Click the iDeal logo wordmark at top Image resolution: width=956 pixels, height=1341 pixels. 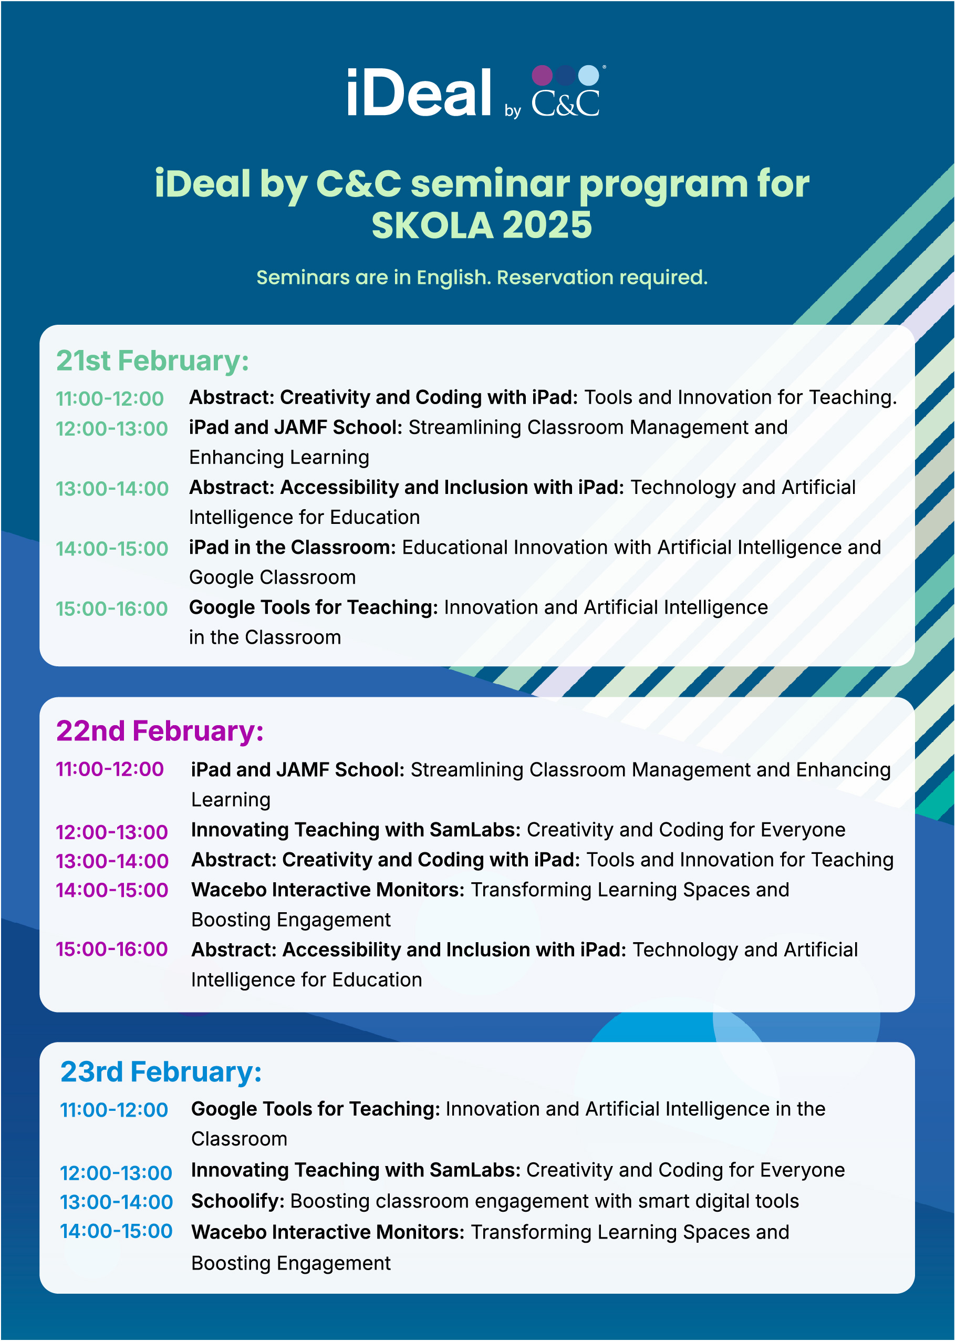click(x=419, y=93)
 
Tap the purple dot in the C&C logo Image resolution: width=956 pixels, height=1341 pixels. click(x=542, y=75)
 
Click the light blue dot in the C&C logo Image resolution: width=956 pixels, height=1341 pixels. click(x=588, y=75)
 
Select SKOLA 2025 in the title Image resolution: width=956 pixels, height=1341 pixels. click(x=482, y=225)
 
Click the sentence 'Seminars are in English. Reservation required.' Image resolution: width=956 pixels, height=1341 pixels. click(x=482, y=277)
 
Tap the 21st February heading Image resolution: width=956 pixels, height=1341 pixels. click(x=152, y=361)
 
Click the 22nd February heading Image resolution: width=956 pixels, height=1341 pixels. click(x=160, y=731)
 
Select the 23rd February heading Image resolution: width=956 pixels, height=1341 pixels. click(x=161, y=1072)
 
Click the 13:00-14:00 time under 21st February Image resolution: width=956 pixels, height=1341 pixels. click(x=112, y=489)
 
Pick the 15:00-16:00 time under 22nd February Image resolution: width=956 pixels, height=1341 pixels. click(x=112, y=950)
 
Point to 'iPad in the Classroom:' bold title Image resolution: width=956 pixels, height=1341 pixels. click(x=292, y=548)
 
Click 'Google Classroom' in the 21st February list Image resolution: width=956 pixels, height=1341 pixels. click(x=272, y=577)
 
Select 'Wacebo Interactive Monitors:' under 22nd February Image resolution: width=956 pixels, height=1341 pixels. click(x=328, y=890)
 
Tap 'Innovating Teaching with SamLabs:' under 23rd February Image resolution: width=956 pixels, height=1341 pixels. click(x=356, y=1170)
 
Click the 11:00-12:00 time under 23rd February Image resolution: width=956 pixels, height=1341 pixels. click(x=114, y=1110)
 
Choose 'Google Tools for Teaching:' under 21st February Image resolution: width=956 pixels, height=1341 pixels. click(x=313, y=608)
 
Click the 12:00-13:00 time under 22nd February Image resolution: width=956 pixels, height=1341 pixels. click(x=112, y=832)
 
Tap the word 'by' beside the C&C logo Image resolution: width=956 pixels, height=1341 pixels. click(x=513, y=111)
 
